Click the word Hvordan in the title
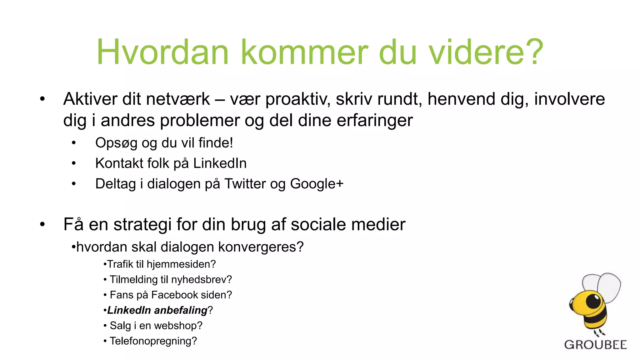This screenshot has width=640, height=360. pyautogui.click(x=162, y=52)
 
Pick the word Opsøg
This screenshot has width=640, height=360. pyautogui.click(x=116, y=143)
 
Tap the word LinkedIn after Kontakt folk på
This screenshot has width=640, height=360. pyautogui.click(x=220, y=163)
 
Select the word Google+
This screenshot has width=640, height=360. pyautogui.click(x=317, y=184)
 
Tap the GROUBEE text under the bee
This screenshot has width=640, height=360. pyautogui.click(x=595, y=345)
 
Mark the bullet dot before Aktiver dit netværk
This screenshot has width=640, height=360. pyautogui.click(x=42, y=99)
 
